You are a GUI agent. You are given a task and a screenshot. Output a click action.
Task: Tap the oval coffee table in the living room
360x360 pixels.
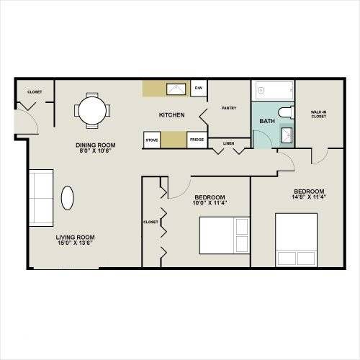pos(68,198)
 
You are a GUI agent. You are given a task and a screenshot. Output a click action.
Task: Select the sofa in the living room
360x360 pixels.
pos(41,198)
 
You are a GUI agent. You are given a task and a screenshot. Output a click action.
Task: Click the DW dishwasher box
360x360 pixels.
pos(199,88)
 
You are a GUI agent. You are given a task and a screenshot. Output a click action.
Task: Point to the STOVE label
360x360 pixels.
pos(152,140)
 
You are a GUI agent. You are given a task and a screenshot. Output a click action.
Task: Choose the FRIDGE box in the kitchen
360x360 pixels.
pos(197,140)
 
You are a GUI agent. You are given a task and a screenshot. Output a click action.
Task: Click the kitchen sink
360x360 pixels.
pos(176,89)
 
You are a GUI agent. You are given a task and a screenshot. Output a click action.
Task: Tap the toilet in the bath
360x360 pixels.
pos(287,112)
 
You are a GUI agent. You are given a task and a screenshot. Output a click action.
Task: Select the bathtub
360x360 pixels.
pos(274,90)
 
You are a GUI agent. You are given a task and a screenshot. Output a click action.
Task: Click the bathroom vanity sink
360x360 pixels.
pos(287,135)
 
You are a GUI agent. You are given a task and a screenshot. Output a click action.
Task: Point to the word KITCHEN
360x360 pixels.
pos(172,115)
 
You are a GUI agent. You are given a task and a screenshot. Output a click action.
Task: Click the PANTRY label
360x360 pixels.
pos(229,108)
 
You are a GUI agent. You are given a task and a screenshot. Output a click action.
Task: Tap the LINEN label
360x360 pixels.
pos(228,143)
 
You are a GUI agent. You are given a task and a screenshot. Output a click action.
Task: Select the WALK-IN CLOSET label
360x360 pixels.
pos(319,114)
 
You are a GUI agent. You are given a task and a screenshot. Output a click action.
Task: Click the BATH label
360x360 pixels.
pos(267,121)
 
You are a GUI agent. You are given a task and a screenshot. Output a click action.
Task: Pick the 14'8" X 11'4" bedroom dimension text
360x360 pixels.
pos(309,197)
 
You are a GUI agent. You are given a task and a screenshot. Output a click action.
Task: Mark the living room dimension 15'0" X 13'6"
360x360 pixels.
pos(75,243)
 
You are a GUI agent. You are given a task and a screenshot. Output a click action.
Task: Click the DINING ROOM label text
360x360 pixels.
pos(96,145)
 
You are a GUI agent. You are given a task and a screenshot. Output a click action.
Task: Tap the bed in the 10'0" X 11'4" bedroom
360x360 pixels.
pos(225,235)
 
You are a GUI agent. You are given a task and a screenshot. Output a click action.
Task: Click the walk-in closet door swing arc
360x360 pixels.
pos(323,160)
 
